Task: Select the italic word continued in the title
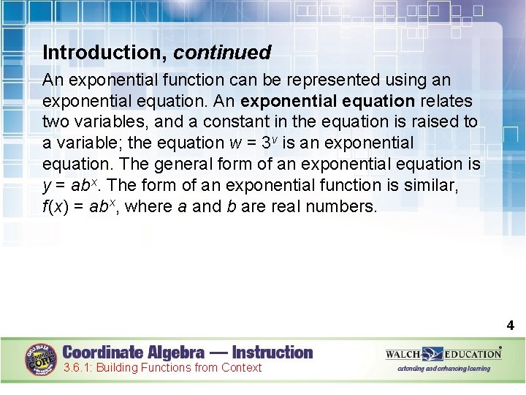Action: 222,53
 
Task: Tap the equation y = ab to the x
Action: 71,185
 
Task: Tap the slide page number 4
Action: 511,326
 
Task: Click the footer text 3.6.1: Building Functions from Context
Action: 162,368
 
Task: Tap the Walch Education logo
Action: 443,354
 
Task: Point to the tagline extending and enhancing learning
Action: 443,369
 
